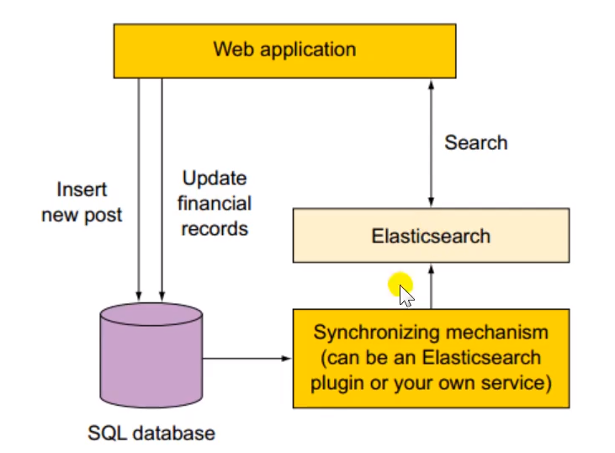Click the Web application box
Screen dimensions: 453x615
[284, 50]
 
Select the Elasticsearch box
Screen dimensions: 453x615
[430, 236]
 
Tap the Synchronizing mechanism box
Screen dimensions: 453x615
[430, 358]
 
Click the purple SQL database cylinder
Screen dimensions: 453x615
[151, 353]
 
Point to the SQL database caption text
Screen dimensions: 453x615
[151, 434]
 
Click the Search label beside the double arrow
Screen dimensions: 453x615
[475, 142]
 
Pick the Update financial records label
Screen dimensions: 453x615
[215, 203]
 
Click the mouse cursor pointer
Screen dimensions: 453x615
[406, 296]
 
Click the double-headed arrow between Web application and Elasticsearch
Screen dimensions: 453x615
[431, 143]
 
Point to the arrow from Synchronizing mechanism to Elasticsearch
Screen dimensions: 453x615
[431, 286]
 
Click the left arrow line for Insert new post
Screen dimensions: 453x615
[136, 185]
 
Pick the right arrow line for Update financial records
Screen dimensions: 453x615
[160, 185]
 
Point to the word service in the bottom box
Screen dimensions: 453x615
[519, 383]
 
